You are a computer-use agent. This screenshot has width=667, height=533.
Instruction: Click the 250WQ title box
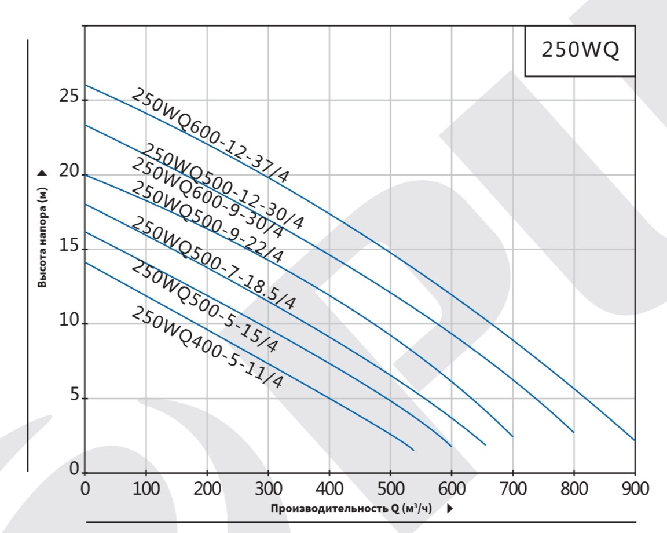(580, 50)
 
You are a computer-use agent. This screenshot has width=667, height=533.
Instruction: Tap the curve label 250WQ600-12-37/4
(210, 136)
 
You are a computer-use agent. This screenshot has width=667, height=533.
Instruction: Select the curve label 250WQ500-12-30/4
(223, 187)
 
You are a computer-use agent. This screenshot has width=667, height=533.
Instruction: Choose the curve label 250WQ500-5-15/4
(204, 307)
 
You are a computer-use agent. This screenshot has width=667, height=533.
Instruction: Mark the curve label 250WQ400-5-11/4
(207, 346)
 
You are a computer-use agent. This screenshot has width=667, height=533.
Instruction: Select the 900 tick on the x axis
(635, 490)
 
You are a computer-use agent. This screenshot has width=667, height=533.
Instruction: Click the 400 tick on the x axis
(329, 490)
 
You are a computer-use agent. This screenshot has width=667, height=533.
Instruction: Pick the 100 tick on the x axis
(145, 490)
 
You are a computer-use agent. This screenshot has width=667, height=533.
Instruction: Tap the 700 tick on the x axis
(512, 490)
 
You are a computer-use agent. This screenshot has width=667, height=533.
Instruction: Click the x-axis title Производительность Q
(351, 509)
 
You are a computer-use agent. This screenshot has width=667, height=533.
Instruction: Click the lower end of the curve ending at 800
(573, 432)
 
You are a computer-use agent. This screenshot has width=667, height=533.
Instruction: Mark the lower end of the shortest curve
(413, 450)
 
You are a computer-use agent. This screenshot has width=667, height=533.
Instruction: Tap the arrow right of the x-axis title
(450, 509)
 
